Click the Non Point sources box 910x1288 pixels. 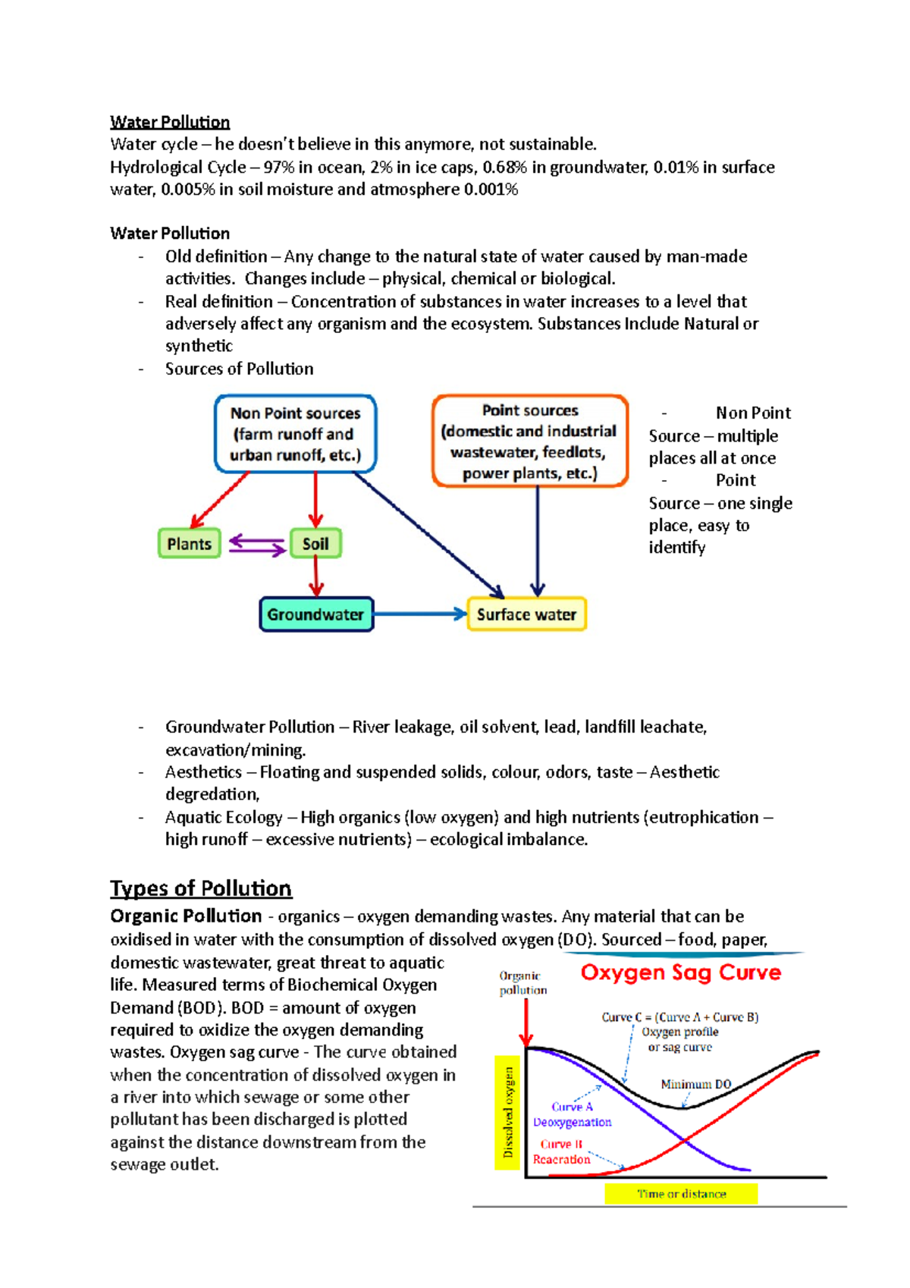296,434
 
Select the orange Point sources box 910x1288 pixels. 529,441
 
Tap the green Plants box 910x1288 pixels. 189,544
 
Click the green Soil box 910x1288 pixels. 315,544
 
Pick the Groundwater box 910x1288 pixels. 315,614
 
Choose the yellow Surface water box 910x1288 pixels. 526,614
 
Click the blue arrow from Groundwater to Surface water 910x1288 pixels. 419,614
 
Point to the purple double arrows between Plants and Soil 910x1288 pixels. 256,544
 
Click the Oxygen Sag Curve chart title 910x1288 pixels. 680,973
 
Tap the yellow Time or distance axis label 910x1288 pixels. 681,1194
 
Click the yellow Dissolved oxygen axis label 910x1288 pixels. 508,1112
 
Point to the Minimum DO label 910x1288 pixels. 695,1085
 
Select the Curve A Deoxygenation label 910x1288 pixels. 572,1114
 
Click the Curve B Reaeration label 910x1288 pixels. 561,1151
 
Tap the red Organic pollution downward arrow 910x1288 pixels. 527,1023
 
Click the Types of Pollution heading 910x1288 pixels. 201,888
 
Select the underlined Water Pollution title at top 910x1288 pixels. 170,122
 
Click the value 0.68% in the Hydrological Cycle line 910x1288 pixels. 505,167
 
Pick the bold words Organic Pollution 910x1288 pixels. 186,916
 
